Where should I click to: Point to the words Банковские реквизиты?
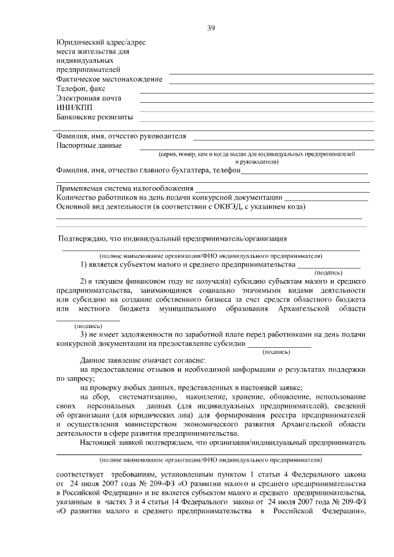pos(94,116)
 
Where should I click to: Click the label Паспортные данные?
pos(89,146)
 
